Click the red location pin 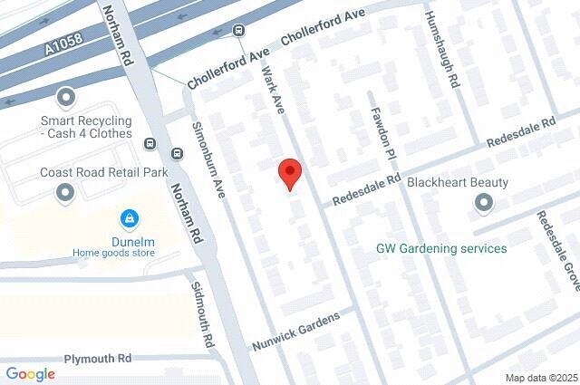click(289, 173)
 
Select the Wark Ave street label click(274, 91)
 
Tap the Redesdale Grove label click(554, 244)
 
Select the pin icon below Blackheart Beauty click(484, 203)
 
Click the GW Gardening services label click(441, 248)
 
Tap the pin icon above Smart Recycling click(65, 96)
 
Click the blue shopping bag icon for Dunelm click(130, 219)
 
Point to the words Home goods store click(114, 254)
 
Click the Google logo click(30, 374)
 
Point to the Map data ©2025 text click(541, 378)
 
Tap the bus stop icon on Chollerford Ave click(238, 29)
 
